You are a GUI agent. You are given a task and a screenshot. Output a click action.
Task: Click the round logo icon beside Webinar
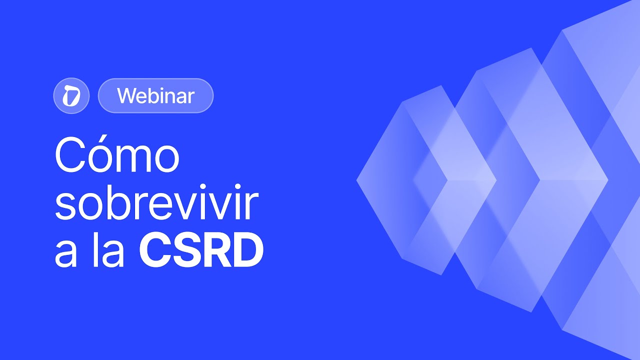coord(71,95)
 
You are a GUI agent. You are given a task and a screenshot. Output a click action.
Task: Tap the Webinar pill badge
coord(155,95)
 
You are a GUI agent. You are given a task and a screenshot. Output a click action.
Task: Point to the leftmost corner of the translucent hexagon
coord(357,180)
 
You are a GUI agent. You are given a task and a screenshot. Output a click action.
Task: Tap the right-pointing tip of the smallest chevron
coord(496,180)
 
